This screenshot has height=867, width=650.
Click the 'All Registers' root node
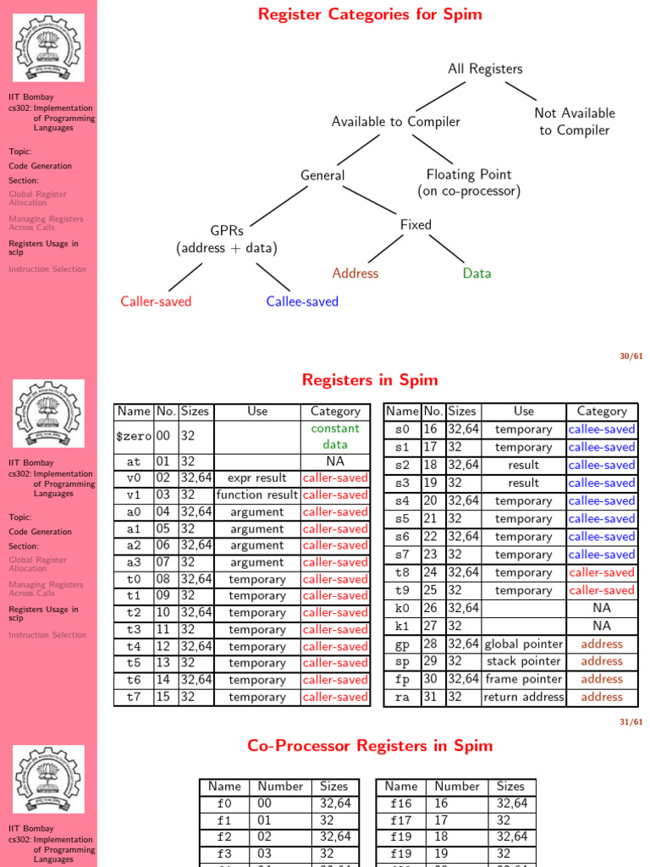coord(485,69)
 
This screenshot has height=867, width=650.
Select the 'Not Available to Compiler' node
coord(575,121)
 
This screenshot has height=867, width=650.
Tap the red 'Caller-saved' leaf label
coord(156,301)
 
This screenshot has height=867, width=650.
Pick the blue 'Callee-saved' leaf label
coord(302,301)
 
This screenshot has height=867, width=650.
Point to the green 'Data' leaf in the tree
coord(476,273)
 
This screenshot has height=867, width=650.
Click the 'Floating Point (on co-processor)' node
coord(468,183)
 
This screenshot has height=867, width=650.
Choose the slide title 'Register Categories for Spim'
coord(370,14)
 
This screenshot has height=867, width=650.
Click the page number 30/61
coord(631,356)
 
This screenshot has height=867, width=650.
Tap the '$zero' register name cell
coord(135,436)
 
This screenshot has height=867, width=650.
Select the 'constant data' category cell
coord(335,436)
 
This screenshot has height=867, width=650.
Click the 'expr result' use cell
coord(257,478)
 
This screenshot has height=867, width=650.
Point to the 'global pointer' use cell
coord(523,644)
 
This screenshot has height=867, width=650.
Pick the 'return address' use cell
coord(523,697)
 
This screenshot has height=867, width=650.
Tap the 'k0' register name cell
coord(402,608)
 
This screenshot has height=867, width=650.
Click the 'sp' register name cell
coord(402,661)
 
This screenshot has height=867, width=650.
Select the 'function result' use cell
coord(257,495)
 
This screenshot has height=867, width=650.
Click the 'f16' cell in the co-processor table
coord(401,803)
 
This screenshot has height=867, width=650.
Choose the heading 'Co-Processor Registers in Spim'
coord(370,746)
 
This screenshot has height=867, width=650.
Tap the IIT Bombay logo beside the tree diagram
coord(49,48)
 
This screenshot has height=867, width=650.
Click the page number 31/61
coord(631,722)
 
